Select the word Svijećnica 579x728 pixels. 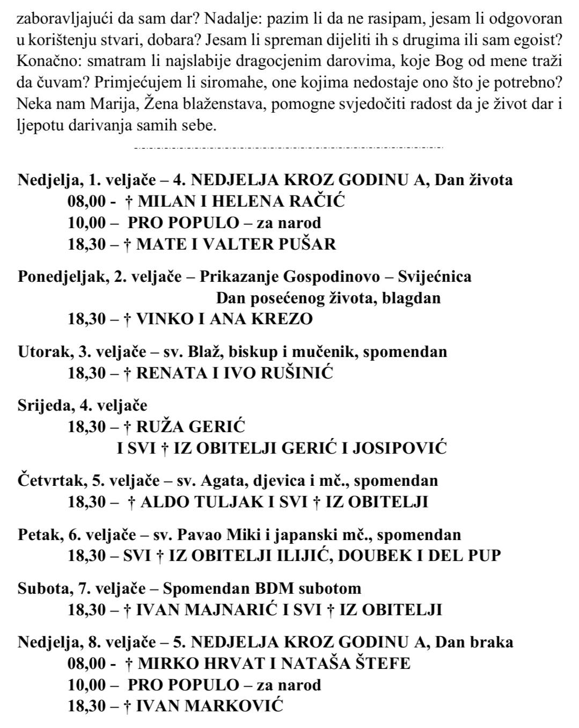(x=435, y=276)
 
